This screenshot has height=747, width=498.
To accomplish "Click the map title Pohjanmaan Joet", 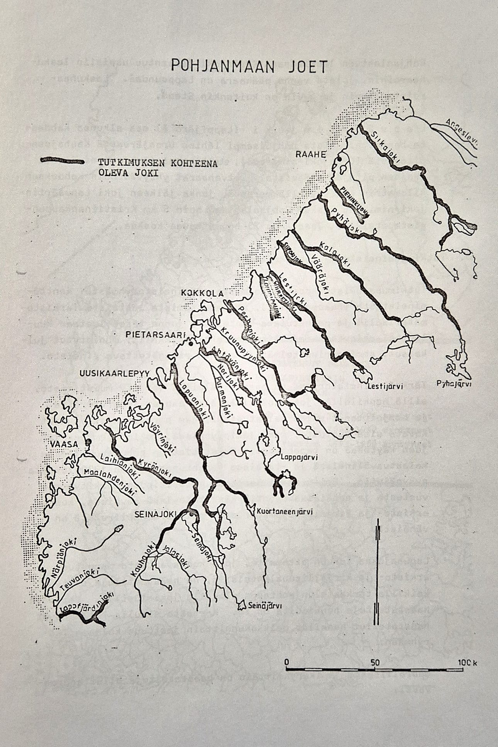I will pos(249,66).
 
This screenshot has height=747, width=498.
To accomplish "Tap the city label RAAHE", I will pos(311,154).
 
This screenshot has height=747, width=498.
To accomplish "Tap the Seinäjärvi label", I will pos(265,606).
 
